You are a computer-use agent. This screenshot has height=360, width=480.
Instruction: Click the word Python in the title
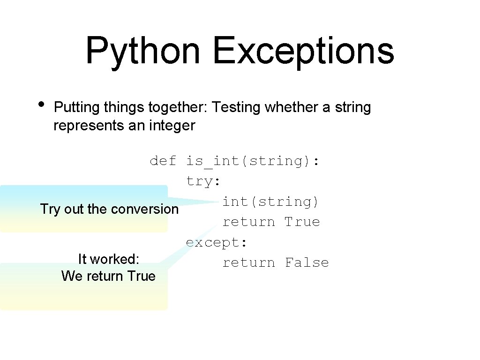142,51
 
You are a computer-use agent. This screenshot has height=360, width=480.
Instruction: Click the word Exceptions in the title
303,51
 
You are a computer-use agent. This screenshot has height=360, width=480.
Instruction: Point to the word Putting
77,108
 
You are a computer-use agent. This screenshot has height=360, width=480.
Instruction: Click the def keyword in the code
163,161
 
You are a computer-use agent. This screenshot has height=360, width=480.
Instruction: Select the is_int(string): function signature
253,161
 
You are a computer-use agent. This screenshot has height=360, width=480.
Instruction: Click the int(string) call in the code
270,202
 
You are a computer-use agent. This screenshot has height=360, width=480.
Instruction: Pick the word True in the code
302,222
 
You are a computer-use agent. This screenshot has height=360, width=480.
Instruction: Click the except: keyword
217,242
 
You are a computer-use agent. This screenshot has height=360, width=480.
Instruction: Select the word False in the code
307,262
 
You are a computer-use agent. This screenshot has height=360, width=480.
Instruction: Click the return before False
248,262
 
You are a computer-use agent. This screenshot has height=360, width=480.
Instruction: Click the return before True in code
248,222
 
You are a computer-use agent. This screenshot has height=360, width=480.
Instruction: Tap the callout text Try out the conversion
109,209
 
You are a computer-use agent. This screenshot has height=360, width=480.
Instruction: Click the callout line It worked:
108,259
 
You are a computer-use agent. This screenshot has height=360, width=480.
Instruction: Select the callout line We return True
108,276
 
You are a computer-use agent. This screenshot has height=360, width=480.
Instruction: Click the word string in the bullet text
352,108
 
